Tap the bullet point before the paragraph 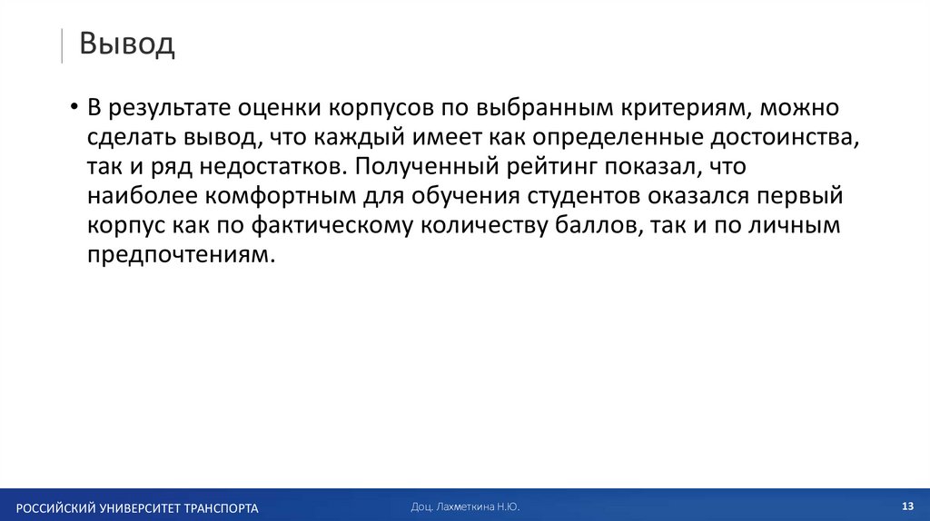[73, 110]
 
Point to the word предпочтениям [180, 256]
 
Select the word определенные [604, 139]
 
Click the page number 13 [906, 506]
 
